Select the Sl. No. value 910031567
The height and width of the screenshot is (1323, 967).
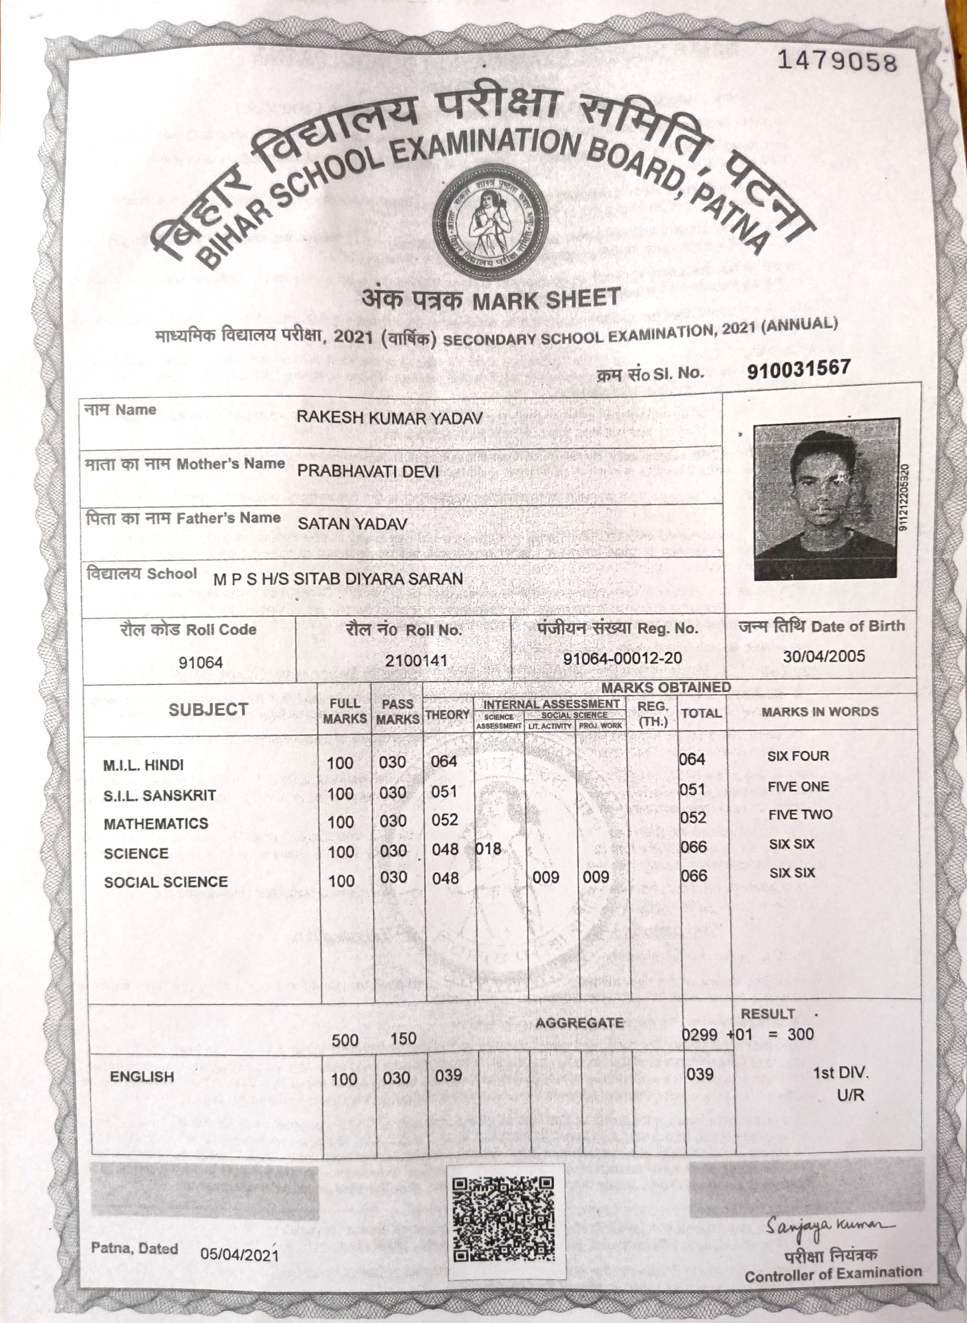click(x=798, y=369)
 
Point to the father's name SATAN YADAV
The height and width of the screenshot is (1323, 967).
click(x=352, y=523)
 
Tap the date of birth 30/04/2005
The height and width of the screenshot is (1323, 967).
click(x=824, y=655)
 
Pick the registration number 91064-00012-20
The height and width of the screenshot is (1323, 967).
click(x=622, y=658)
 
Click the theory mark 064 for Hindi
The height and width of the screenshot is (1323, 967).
click(x=444, y=761)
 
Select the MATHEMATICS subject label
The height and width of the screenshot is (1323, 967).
click(x=156, y=824)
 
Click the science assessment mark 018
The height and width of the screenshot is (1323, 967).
click(x=488, y=849)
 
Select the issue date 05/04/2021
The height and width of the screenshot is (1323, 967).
click(x=239, y=1254)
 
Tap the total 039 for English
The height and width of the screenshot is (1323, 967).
click(x=700, y=1074)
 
